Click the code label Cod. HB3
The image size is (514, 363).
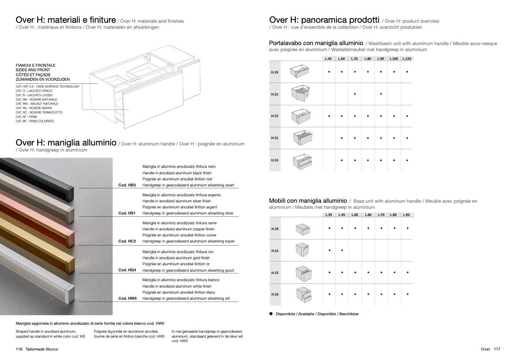point(127,185)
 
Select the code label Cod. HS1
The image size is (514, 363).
point(127,213)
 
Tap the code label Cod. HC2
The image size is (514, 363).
point(127,241)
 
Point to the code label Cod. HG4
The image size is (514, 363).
point(127,270)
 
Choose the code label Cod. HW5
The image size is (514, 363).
point(127,298)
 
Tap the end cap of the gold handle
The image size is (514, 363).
point(71,266)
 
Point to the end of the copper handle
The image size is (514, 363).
point(71,240)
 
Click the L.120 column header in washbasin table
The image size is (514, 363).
point(407,59)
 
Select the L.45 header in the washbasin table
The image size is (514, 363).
point(329,59)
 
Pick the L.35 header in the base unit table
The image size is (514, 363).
point(329,215)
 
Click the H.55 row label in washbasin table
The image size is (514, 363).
point(275,160)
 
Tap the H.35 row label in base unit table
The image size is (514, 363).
point(275,229)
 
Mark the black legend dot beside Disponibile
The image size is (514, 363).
point(271,314)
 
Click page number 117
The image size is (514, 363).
point(497,349)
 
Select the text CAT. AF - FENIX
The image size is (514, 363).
point(27,117)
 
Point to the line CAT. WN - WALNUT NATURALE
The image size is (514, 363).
point(37,104)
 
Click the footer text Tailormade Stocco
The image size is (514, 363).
point(42,349)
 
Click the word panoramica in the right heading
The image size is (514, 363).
point(340,20)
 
